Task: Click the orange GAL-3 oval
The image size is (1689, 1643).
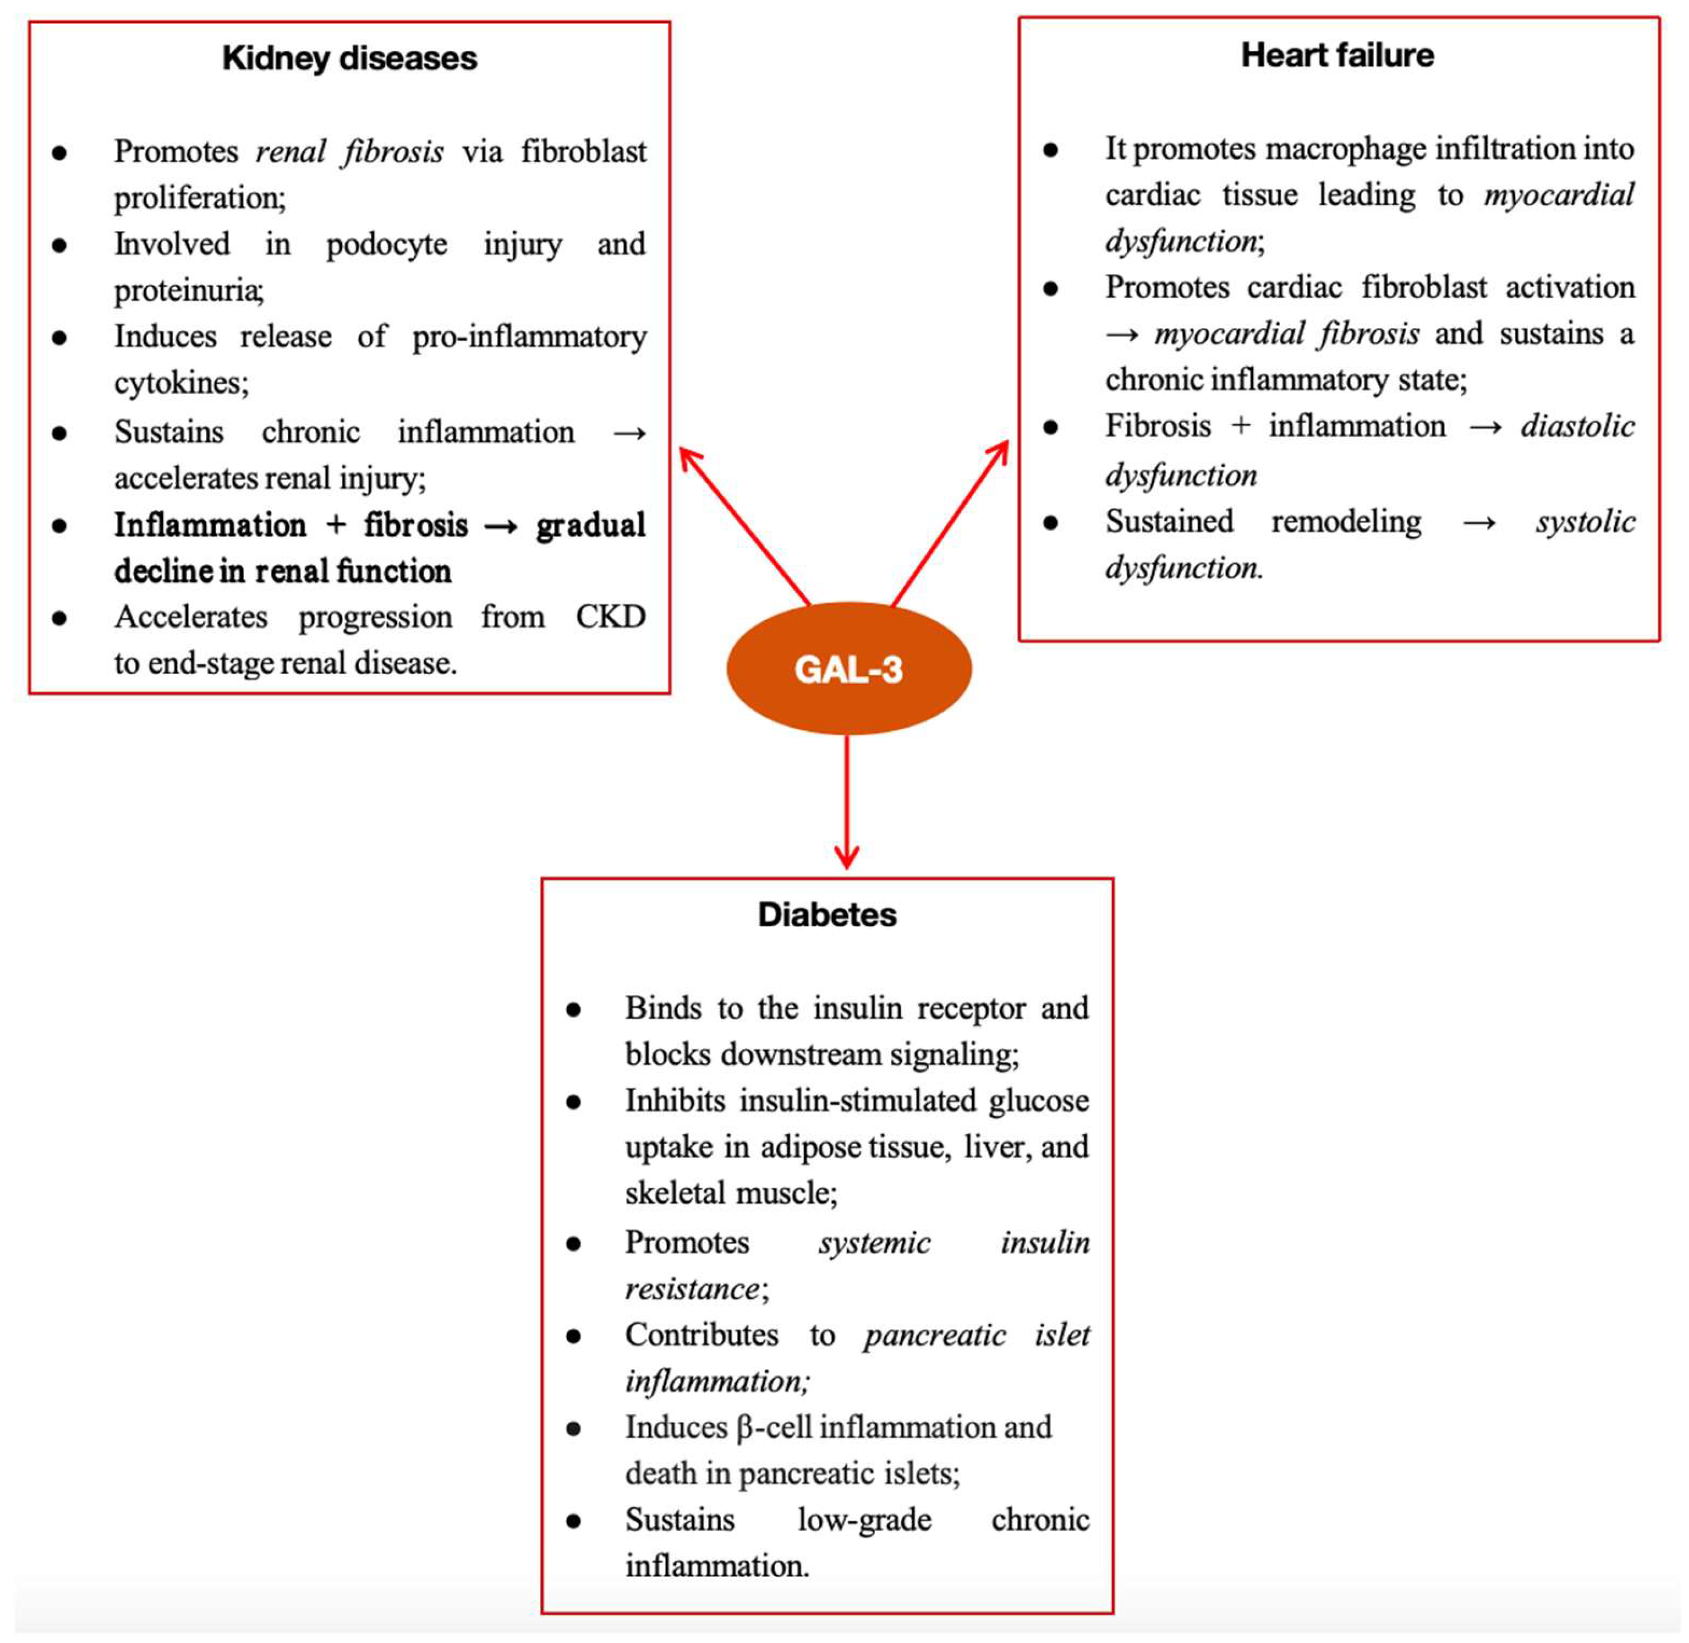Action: coord(849,669)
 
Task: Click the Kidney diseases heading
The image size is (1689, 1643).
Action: coord(349,58)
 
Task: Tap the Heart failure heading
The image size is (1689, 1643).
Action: coord(1337,55)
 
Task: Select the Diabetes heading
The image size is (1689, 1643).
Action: coord(827,915)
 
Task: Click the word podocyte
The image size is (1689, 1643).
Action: coord(387,244)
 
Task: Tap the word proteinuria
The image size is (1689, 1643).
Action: coord(187,291)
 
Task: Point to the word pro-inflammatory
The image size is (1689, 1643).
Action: coord(529,336)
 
